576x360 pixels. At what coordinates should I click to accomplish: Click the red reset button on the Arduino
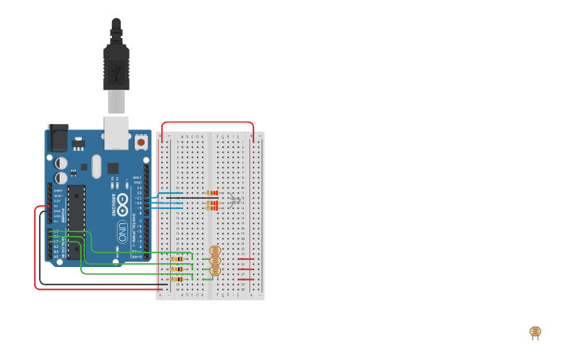(141, 142)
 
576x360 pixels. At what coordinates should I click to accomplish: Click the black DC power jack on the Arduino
(58, 138)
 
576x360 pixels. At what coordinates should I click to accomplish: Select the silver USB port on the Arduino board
(116, 133)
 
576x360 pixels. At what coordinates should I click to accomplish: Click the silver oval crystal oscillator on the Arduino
(96, 166)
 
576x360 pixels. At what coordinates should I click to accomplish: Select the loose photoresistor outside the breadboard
(535, 332)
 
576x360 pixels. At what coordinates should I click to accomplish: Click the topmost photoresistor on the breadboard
(215, 251)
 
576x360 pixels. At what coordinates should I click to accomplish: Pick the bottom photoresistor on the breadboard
(215, 271)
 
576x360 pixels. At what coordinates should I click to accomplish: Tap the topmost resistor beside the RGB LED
(211, 193)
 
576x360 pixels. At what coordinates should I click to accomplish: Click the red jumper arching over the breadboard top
(207, 122)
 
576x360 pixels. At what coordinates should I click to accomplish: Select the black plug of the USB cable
(116, 68)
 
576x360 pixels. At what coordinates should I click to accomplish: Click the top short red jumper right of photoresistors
(245, 259)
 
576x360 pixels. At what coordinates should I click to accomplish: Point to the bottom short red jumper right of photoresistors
(245, 280)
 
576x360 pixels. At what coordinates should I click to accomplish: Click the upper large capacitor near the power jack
(61, 163)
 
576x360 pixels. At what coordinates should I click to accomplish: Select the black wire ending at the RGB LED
(199, 198)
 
